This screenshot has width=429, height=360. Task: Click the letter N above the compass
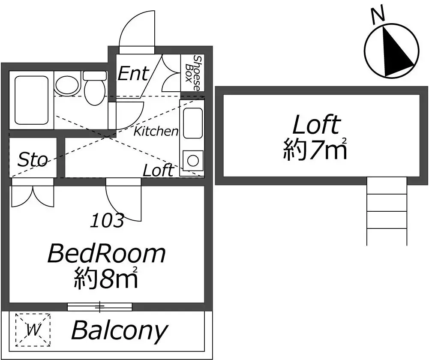(x=378, y=14)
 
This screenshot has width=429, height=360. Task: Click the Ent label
(x=133, y=73)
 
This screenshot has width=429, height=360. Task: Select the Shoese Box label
(x=192, y=73)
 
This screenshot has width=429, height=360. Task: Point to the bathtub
(x=31, y=100)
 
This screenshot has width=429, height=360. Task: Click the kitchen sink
(x=193, y=123)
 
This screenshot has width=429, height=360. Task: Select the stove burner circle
(x=193, y=161)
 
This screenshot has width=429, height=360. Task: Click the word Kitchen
(x=156, y=131)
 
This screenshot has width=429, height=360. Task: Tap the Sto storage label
(x=33, y=160)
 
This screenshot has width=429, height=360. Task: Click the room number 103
(x=107, y=220)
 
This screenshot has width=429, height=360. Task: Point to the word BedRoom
(x=107, y=254)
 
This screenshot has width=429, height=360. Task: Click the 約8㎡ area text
(x=106, y=278)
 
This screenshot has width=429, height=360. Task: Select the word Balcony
(x=119, y=331)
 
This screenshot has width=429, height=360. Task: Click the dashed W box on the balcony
(x=33, y=330)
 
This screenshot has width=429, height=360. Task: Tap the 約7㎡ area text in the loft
(x=315, y=149)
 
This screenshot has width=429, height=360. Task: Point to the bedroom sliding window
(x=100, y=307)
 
